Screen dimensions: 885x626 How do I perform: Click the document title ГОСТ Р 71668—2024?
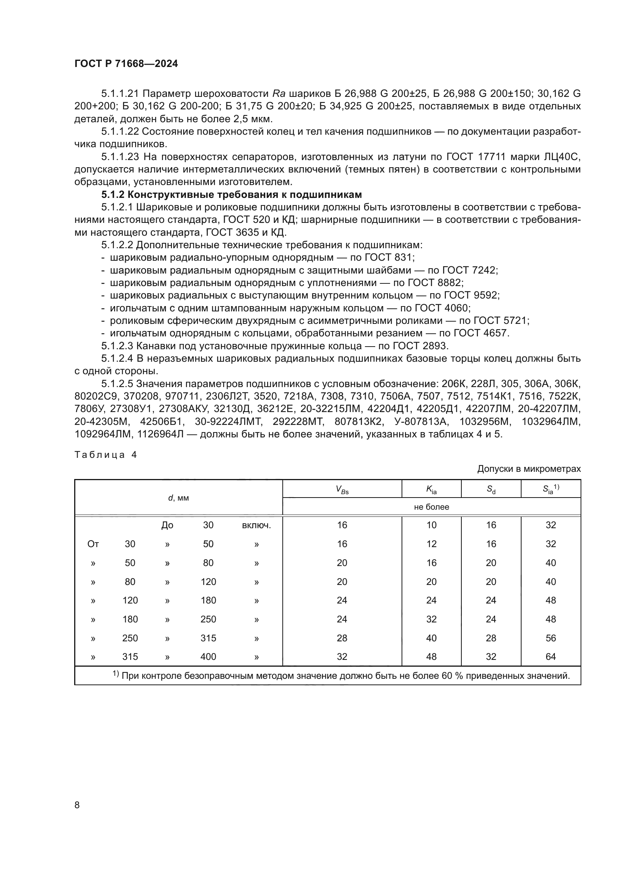[126, 64]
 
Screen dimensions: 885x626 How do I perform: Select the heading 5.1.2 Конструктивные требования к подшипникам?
[231, 194]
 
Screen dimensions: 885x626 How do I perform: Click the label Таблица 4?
[106, 455]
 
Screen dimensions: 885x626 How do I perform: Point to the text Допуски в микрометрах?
[528, 469]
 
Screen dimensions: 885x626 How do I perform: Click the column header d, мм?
[179, 498]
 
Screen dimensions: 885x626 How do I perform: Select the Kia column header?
[431, 489]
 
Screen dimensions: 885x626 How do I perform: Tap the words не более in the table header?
[431, 507]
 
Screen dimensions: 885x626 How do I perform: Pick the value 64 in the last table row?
[550, 656]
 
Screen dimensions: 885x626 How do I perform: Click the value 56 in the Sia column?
[550, 638]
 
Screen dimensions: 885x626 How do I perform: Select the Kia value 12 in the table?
[431, 544]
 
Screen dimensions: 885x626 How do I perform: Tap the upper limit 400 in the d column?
[208, 656]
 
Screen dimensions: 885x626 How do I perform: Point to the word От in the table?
[93, 544]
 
